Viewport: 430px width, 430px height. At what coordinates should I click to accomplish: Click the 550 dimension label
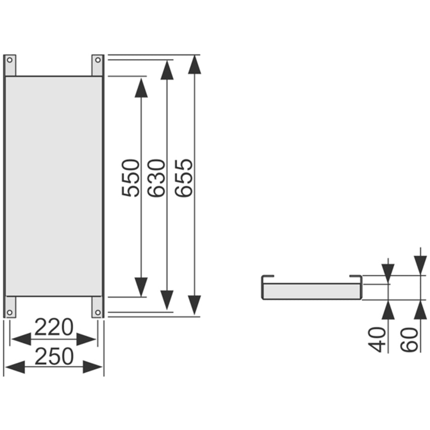pyautogui.click(x=130, y=178)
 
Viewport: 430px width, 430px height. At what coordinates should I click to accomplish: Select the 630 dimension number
pyautogui.click(x=156, y=178)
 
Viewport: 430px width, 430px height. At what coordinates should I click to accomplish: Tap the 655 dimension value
pyautogui.click(x=184, y=178)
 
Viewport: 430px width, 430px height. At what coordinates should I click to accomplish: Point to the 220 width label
pyautogui.click(x=54, y=328)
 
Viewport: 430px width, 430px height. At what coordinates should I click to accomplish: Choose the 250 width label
pyautogui.click(x=54, y=356)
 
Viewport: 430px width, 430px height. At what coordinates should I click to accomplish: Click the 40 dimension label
pyautogui.click(x=378, y=339)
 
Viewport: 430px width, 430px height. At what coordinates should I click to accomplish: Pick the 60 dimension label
pyautogui.click(x=409, y=339)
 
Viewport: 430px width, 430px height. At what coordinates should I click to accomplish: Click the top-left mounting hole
pyautogui.click(x=10, y=60)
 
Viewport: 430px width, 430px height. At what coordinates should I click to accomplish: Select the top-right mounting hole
pyautogui.click(x=97, y=60)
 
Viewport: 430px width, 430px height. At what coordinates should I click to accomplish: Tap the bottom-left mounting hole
pyautogui.click(x=10, y=312)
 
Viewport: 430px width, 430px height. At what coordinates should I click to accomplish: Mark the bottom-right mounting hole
pyautogui.click(x=97, y=312)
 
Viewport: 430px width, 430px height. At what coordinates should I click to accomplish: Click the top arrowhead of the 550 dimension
pyautogui.click(x=141, y=88)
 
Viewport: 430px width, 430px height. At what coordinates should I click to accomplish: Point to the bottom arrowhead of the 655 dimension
pyautogui.click(x=194, y=304)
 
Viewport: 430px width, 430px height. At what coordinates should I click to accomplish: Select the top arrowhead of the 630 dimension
pyautogui.click(x=167, y=70)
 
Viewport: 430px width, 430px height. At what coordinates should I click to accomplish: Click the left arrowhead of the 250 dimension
pyautogui.click(x=14, y=367)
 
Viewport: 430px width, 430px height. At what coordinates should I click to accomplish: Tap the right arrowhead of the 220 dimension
pyautogui.click(x=86, y=339)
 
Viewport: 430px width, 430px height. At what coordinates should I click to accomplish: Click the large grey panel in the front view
pyautogui.click(x=54, y=186)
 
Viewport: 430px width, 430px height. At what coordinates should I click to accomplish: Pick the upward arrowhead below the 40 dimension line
pyautogui.click(x=388, y=311)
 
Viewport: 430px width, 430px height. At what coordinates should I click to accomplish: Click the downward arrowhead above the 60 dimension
pyautogui.click(x=420, y=264)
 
